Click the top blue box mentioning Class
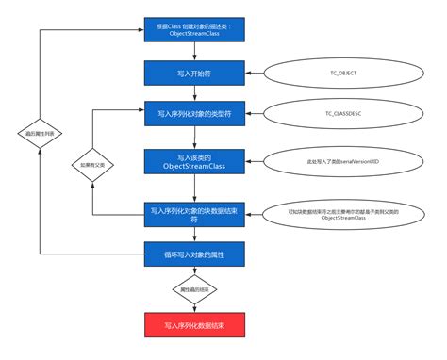pos(194,29)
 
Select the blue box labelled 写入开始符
pos(194,73)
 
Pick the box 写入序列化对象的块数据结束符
pos(194,213)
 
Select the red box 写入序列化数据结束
pos(194,325)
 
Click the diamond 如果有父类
pos(91,162)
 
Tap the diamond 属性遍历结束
pos(194,288)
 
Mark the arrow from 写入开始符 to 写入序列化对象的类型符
pos(194,93)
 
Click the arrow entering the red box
pos(194,306)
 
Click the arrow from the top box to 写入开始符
pos(194,52)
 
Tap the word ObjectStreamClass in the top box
pos(194,34)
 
